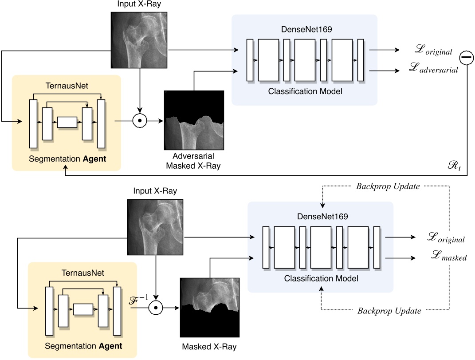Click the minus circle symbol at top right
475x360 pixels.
pyautogui.click(x=466, y=57)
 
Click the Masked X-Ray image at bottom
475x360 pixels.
pyautogui.click(x=209, y=307)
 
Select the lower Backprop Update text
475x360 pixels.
pyautogui.click(x=389, y=311)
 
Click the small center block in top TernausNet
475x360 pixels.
pyautogui.click(x=67, y=122)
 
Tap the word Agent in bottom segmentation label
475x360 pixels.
pyautogui.click(x=109, y=345)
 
